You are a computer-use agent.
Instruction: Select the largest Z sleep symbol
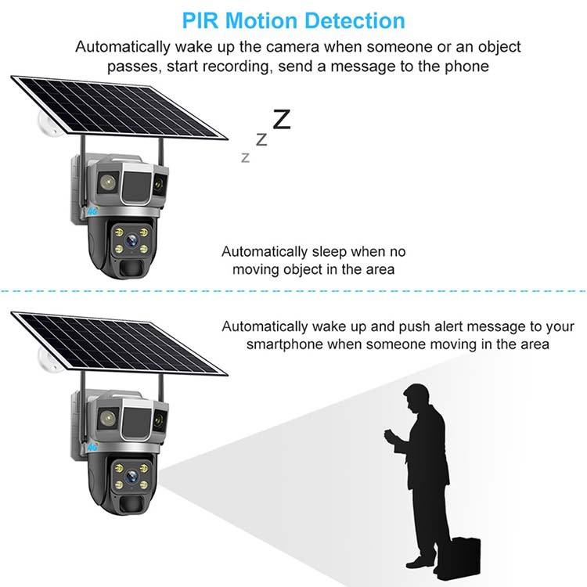tap(281, 119)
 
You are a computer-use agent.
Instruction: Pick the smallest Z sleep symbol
tap(246, 157)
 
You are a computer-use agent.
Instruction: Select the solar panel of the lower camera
tap(117, 341)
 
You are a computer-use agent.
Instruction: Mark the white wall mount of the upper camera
tap(46, 125)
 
